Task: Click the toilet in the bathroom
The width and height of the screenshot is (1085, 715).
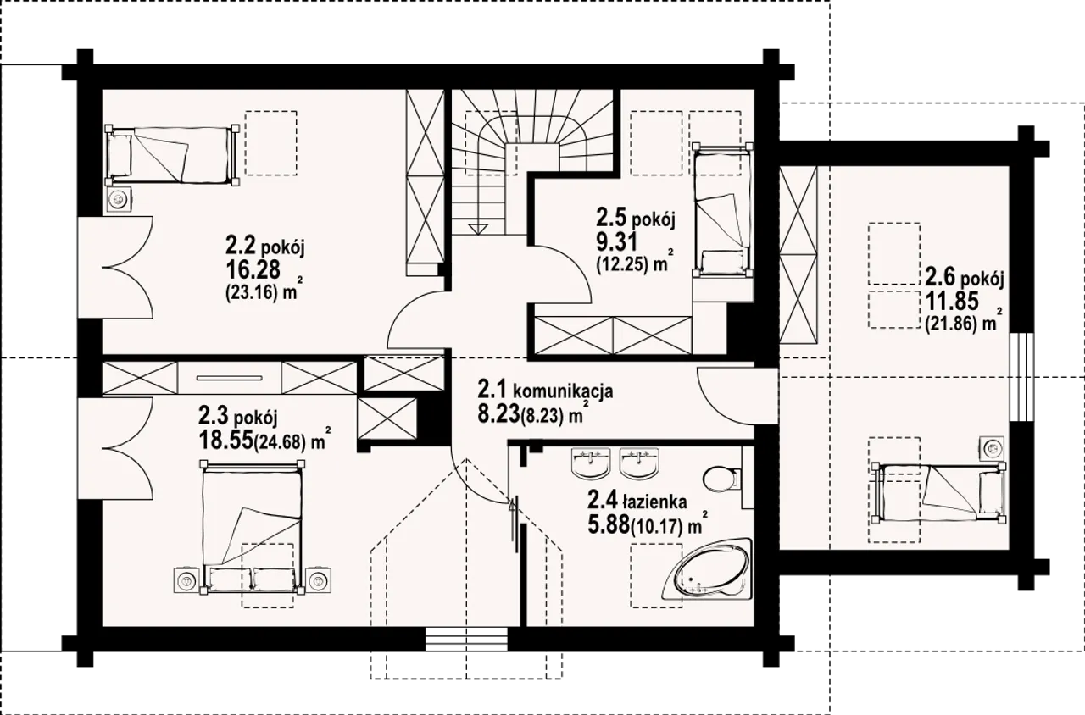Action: tap(721, 479)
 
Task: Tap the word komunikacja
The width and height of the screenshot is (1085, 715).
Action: tap(563, 391)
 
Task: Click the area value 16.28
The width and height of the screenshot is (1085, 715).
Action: tap(253, 269)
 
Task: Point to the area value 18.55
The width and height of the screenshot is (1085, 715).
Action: tap(225, 440)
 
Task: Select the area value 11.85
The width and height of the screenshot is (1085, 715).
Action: tap(952, 302)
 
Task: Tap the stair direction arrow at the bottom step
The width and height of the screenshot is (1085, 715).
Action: tap(477, 229)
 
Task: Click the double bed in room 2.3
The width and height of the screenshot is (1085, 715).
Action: tap(252, 527)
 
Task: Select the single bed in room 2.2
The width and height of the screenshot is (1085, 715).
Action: tap(171, 155)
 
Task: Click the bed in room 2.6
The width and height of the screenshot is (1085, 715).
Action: tap(938, 493)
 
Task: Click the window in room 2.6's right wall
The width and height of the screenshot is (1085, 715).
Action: tap(1021, 378)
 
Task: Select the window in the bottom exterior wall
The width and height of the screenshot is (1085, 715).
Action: tap(466, 639)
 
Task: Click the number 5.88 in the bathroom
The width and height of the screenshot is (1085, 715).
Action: tap(609, 524)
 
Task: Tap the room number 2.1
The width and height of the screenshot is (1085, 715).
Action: tap(492, 389)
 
